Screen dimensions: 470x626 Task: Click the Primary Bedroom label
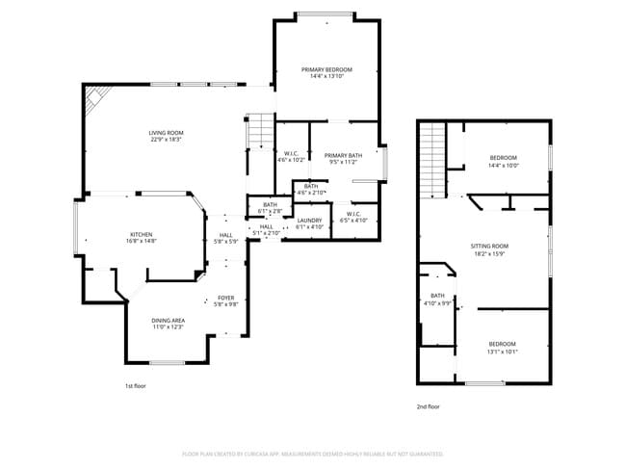point(326,72)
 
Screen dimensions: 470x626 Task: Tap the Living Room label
point(166,136)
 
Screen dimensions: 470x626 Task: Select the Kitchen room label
point(142,238)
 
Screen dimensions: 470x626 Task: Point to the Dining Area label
point(168,324)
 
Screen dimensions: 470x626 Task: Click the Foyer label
point(225,301)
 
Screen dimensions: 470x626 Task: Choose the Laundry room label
point(309,223)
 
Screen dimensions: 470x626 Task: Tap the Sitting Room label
point(488,249)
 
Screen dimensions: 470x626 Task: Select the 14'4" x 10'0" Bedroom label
point(503,161)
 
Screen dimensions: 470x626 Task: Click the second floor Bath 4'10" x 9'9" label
point(437,300)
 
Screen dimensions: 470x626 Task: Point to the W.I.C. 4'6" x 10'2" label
point(291,157)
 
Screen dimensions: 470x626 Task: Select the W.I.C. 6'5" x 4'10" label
point(353,218)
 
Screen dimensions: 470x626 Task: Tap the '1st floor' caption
point(136,386)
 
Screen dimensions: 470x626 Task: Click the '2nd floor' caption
point(429,407)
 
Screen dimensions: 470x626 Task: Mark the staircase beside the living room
point(260,131)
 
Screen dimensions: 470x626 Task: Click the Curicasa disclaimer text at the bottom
point(312,454)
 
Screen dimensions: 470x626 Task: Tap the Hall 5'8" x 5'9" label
point(225,238)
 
